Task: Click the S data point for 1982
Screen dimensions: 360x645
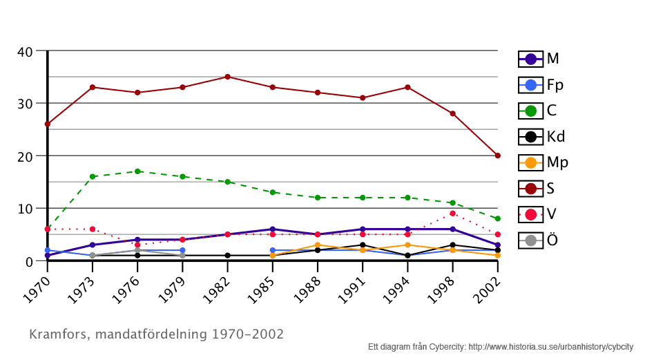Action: coord(227,77)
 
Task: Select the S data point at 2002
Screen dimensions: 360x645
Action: coord(497,155)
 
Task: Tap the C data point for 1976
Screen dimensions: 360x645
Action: coord(137,171)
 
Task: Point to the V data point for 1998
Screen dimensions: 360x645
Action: coord(452,214)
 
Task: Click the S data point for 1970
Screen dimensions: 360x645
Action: coord(47,124)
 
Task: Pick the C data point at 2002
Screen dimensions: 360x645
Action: coord(497,218)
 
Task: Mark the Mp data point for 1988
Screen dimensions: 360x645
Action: coord(317,245)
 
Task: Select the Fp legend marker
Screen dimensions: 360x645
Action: coord(530,85)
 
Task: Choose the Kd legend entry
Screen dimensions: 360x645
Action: coord(541,136)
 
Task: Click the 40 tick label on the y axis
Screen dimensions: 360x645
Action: coord(25,51)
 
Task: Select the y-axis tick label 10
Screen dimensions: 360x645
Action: coord(25,209)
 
